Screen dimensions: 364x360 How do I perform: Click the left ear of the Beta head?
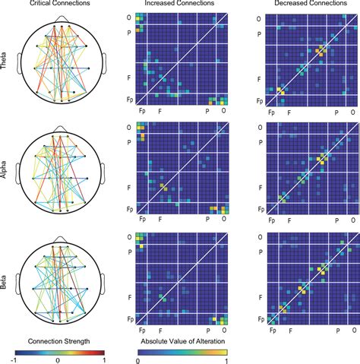click(x=14, y=282)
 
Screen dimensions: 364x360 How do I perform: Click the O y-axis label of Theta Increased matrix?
click(x=128, y=17)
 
